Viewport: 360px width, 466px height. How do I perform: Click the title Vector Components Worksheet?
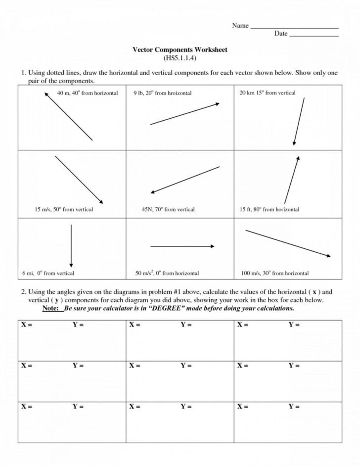[x=180, y=50]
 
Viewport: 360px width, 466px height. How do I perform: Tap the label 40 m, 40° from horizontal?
[x=88, y=93]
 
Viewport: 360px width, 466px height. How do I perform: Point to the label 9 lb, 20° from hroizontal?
[x=162, y=93]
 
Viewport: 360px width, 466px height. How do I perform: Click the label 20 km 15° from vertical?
[x=267, y=93]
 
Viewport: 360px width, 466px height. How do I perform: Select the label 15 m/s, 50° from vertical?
[x=64, y=209]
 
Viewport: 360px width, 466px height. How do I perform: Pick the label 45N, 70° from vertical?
[x=168, y=209]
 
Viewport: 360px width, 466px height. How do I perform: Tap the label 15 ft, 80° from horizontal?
[x=270, y=209]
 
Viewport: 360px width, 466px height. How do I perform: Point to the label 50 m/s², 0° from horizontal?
[x=167, y=273]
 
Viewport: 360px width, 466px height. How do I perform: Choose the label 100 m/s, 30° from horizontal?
[x=274, y=273]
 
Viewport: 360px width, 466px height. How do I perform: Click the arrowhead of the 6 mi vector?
[x=71, y=265]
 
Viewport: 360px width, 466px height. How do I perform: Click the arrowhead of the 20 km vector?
[x=294, y=143]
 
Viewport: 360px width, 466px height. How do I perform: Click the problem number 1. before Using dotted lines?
[x=23, y=73]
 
